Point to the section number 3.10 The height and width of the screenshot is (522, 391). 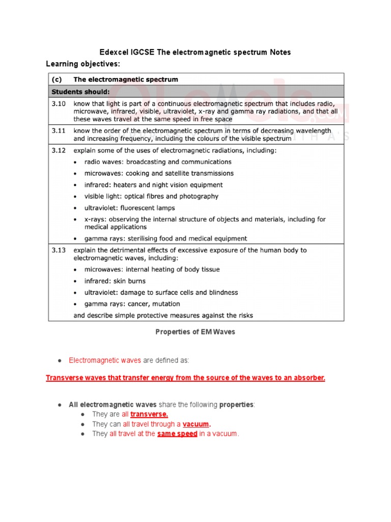point(58,103)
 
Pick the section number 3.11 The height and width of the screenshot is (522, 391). point(58,130)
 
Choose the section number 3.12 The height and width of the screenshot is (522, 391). point(58,150)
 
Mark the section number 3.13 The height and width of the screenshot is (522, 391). point(58,250)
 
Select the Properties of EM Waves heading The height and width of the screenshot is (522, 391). point(195,332)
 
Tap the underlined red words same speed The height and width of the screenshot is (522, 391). point(177,434)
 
